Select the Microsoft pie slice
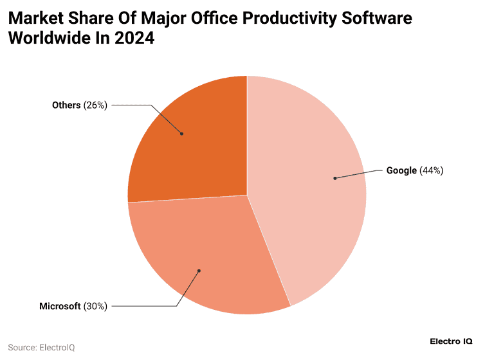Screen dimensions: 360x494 (206, 257)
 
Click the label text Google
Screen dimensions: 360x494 (401, 170)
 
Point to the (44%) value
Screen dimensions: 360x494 (431, 170)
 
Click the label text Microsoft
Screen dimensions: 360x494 (60, 306)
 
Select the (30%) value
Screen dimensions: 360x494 (95, 306)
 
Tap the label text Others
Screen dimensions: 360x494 (66, 105)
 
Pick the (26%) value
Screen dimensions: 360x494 (95, 105)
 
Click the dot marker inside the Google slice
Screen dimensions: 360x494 (334, 178)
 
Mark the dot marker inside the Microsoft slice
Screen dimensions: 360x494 (199, 271)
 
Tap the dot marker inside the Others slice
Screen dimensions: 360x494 (182, 134)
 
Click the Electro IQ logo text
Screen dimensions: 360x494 (450, 341)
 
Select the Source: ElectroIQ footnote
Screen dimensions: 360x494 (41, 347)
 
